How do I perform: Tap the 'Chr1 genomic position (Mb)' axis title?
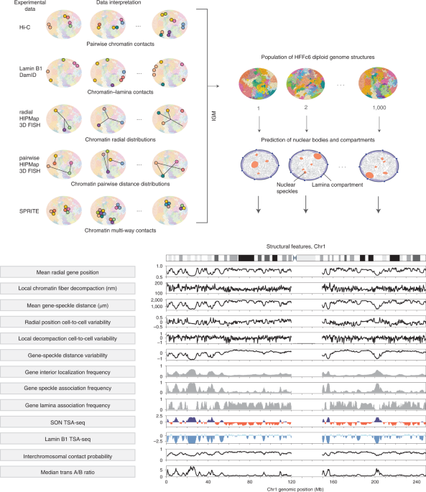[x=296, y=488]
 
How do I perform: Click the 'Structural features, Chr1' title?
[x=296, y=246]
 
